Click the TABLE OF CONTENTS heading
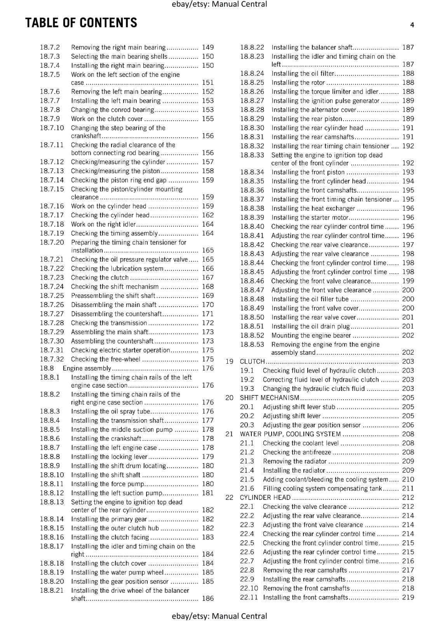pos(81,23)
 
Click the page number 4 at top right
pos(412,25)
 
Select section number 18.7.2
pos(50,47)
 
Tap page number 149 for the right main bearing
pos(208,47)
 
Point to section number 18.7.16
pos(52,206)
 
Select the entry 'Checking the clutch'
pos(100,278)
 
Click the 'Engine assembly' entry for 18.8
pos(87,368)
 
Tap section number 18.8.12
pos(52,493)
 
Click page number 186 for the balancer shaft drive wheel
pos(208,598)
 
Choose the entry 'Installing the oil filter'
pos(303,73)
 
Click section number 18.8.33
pos(252,155)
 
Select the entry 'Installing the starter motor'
pos(310,217)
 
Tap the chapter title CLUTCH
pos(252,361)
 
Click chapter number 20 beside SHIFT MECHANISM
pos(230,398)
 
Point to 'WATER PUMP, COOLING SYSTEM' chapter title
pos(290,434)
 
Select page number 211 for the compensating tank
pos(408,489)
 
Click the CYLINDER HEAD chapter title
pos(265,498)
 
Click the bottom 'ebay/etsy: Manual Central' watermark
pos(219,616)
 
